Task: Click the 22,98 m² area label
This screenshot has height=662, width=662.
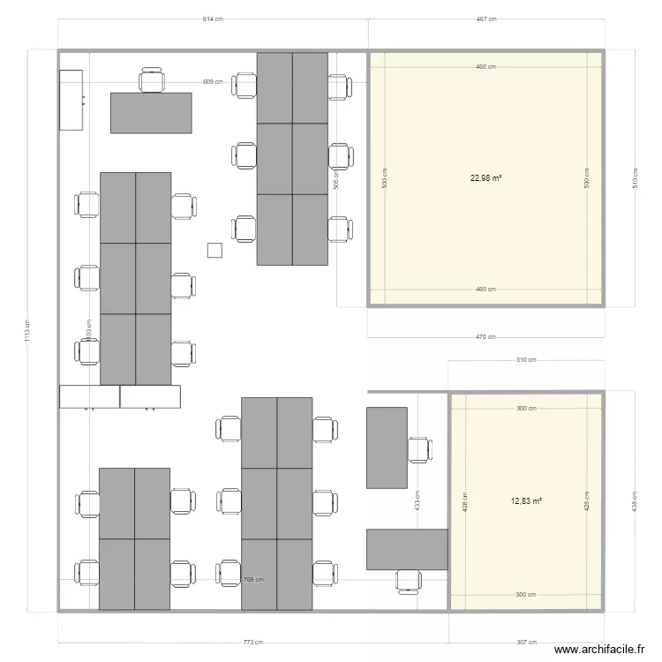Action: (486, 177)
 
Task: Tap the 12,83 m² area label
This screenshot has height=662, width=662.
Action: (526, 500)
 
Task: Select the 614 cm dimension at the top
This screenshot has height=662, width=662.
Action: (212, 18)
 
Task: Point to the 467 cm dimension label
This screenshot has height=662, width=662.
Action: (486, 18)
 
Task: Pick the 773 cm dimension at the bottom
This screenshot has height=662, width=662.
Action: (253, 643)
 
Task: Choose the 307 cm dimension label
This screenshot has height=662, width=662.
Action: (526, 643)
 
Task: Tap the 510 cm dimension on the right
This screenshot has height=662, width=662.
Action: (635, 177)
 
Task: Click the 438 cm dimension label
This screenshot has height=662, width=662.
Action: (635, 500)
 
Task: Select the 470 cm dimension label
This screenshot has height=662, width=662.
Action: (486, 336)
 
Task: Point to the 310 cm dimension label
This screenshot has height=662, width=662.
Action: (526, 360)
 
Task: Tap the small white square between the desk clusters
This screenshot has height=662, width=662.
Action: (214, 250)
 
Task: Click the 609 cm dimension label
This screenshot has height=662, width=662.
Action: (212, 81)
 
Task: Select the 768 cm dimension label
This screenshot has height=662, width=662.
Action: (253, 580)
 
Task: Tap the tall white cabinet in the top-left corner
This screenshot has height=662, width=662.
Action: (71, 100)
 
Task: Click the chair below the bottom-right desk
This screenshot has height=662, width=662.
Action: (408, 581)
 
